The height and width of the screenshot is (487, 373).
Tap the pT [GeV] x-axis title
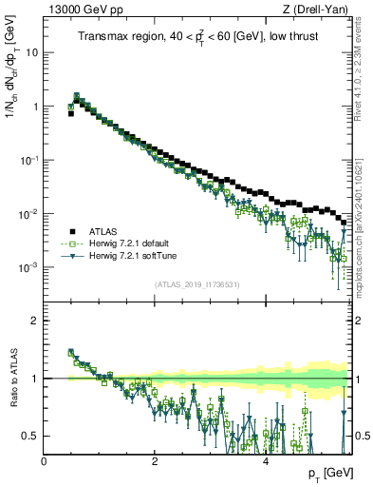330,474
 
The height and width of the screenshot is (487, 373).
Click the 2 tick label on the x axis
155,461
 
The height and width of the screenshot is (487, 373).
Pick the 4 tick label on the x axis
266,461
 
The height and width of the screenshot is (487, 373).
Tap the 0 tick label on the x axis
44,461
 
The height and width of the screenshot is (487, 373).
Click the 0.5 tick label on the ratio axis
30,436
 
